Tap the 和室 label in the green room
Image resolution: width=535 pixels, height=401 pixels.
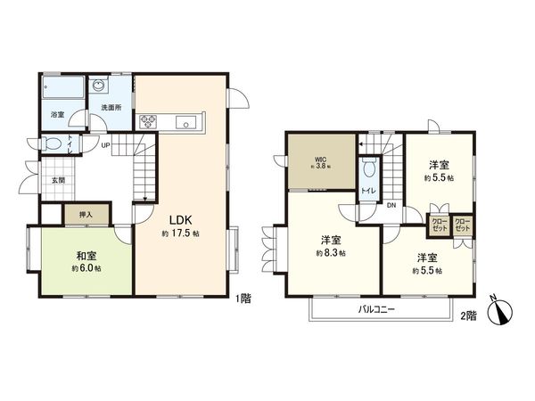coord(86,253)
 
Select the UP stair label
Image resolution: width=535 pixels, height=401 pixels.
coord(105,145)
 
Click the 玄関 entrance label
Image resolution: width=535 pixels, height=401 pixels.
coord(58,182)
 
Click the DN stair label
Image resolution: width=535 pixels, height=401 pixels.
coord(391,206)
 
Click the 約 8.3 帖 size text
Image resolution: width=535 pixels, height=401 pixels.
coord(333,254)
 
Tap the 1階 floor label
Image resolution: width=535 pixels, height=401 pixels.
coord(243,299)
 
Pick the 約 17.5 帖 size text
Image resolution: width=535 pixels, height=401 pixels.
coord(180,233)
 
